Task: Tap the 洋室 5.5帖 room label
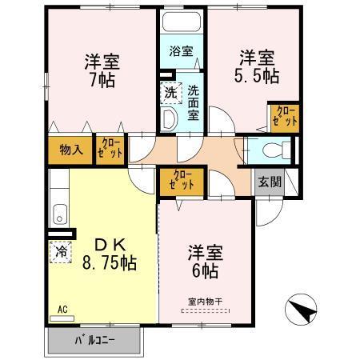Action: tap(257, 67)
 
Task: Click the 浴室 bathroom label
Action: tap(181, 51)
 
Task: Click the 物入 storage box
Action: tap(70, 150)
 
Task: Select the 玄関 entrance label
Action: tap(269, 181)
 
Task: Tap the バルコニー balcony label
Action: tap(95, 338)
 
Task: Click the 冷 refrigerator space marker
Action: tap(61, 251)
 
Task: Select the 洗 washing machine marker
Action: tap(170, 92)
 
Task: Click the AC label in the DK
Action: tap(62, 307)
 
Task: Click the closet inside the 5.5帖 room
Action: tap(284, 117)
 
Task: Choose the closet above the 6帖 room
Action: tap(183, 181)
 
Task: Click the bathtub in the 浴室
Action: tap(181, 22)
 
